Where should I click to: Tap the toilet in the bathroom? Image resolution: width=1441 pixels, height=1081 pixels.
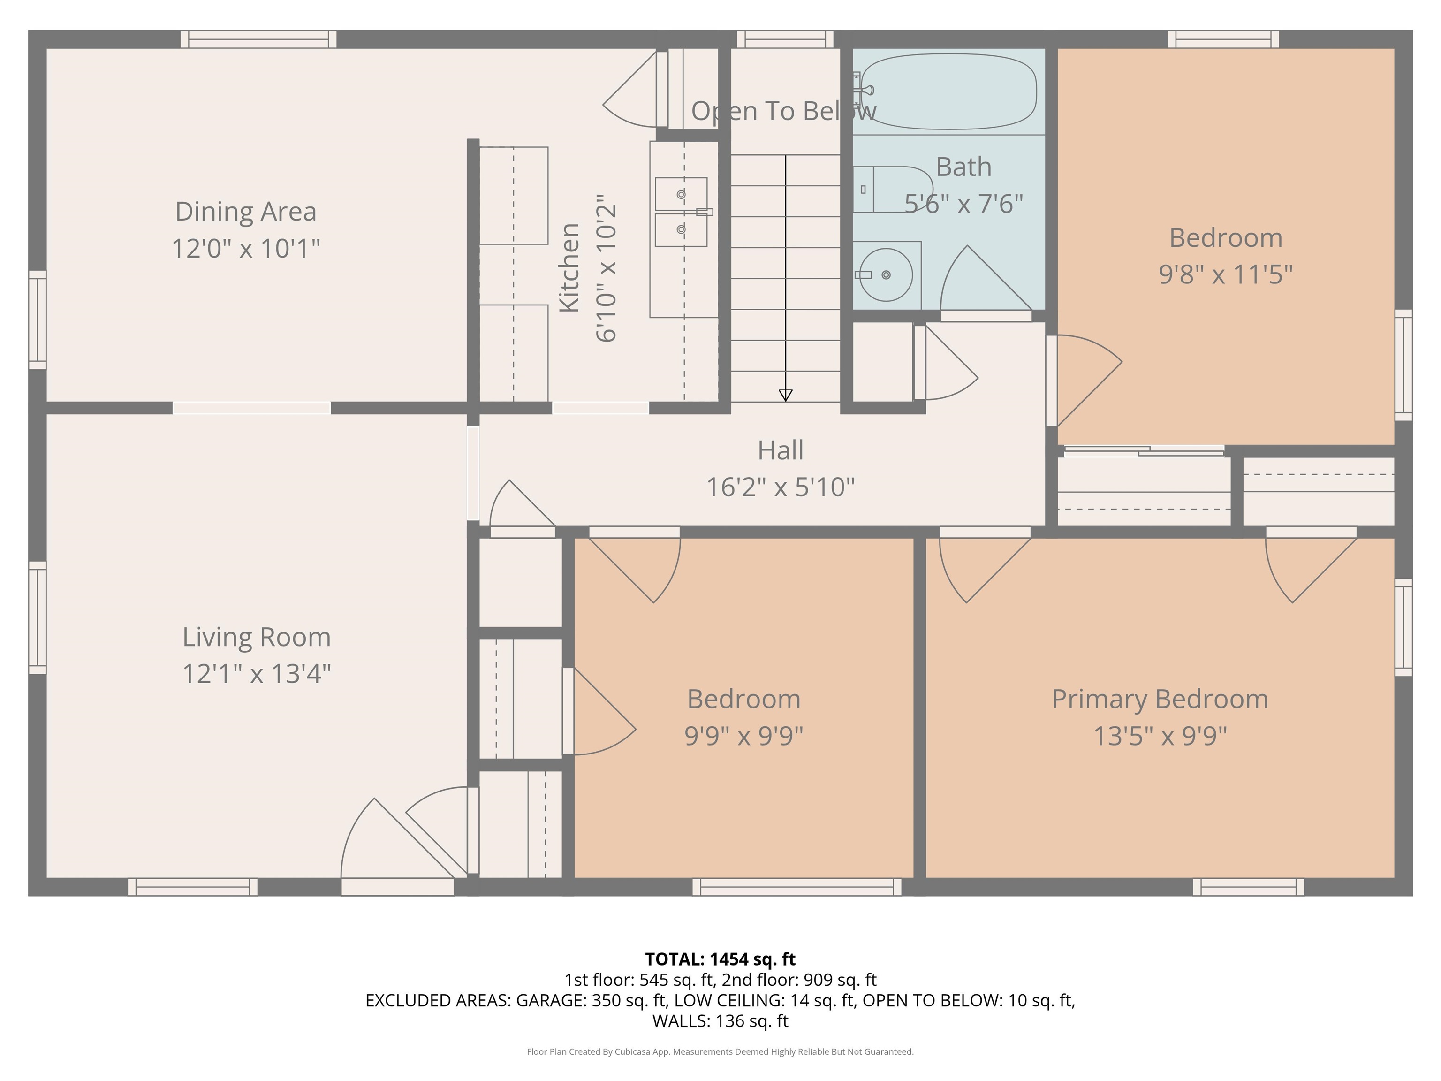[x=893, y=190]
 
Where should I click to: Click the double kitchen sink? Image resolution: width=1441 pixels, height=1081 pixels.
[x=681, y=212]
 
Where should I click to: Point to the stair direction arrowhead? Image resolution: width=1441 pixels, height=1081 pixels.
[x=786, y=395]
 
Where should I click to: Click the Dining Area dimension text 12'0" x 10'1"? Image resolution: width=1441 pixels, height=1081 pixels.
[x=246, y=248]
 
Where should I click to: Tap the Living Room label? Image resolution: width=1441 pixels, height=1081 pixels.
[x=256, y=637]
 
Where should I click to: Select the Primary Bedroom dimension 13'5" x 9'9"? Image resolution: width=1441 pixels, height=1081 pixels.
[x=1160, y=736]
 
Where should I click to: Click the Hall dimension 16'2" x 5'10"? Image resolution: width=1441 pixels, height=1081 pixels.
[x=781, y=487]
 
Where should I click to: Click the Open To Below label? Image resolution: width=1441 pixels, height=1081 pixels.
[x=784, y=111]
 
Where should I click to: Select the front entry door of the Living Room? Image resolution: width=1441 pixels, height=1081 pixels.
[x=397, y=886]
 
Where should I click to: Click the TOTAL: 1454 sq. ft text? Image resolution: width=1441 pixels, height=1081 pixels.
[x=720, y=959]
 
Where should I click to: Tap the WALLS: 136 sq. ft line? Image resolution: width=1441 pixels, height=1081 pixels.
[x=720, y=1020]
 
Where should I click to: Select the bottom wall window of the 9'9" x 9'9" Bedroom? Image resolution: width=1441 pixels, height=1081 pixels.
[x=796, y=886]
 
